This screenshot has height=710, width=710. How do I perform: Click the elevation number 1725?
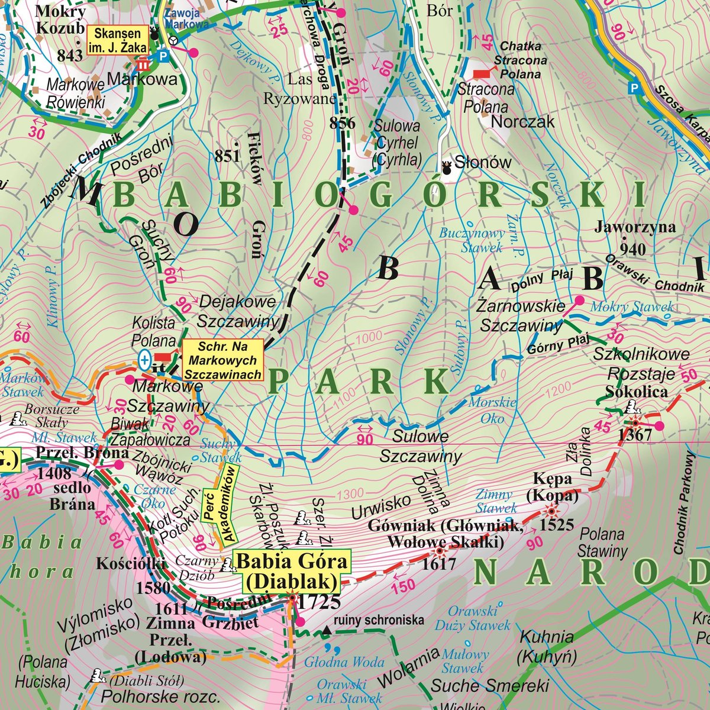click(319, 602)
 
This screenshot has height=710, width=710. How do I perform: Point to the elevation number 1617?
click(439, 564)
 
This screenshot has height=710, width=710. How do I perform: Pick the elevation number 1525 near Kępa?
click(556, 524)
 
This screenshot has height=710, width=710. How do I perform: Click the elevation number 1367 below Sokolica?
click(634, 435)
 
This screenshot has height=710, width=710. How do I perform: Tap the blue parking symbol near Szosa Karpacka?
click(634, 88)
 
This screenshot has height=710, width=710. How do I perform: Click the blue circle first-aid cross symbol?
click(144, 359)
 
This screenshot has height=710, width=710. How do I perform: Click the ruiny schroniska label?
click(379, 620)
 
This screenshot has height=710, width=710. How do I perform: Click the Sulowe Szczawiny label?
click(420, 447)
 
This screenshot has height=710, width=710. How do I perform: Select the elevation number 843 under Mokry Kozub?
click(70, 55)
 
